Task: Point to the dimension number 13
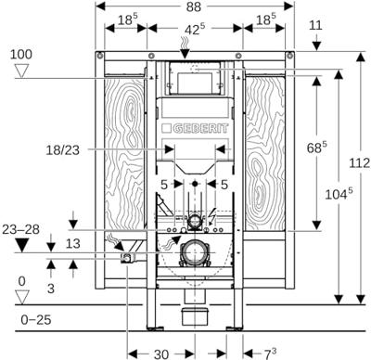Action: pos(59,244)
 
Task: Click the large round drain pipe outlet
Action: pos(194,251)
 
